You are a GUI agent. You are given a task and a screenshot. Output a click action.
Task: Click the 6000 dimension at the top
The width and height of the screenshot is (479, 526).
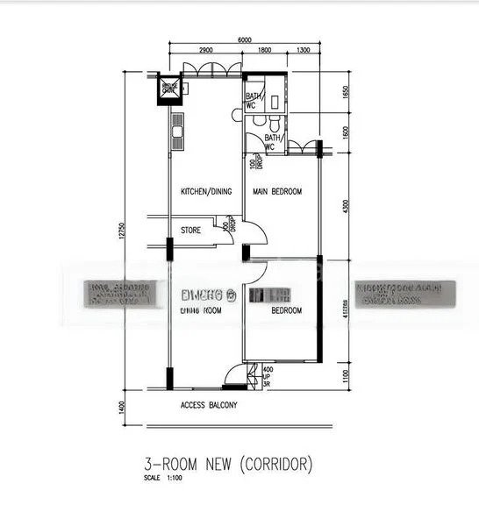click(x=244, y=39)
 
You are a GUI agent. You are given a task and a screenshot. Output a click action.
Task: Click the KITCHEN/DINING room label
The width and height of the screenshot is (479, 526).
click(x=206, y=192)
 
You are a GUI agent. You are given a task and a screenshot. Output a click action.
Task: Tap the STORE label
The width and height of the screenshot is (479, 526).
click(x=190, y=231)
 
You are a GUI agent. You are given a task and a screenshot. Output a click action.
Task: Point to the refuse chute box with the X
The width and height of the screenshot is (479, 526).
click(x=168, y=89)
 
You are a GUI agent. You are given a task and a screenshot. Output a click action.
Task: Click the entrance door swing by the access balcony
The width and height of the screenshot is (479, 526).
click(x=235, y=376)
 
